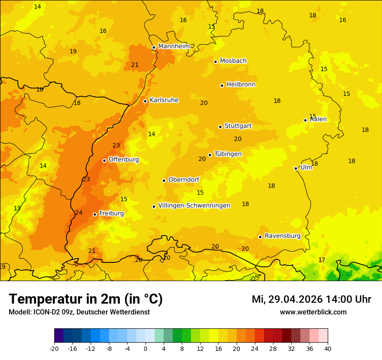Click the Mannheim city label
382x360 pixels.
click(x=174, y=46)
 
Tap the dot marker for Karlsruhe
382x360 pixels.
click(x=145, y=101)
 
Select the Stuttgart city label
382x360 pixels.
click(x=238, y=126)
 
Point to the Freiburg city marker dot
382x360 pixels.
click(x=95, y=214)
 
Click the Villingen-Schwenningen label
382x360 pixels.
click(x=194, y=206)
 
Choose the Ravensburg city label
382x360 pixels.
click(x=283, y=236)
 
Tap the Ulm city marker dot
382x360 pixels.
click(x=296, y=168)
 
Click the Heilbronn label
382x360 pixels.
click(x=241, y=85)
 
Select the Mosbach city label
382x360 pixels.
click(x=233, y=61)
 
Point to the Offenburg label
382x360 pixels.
click(x=124, y=160)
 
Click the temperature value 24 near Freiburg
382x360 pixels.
click(x=79, y=213)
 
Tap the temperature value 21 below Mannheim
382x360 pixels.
click(x=135, y=65)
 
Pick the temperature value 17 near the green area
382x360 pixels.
click(x=322, y=260)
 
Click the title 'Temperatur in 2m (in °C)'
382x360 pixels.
click(x=86, y=299)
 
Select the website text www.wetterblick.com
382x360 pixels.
click(x=313, y=312)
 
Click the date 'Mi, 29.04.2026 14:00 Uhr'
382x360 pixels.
click(x=311, y=299)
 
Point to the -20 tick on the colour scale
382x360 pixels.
click(x=54, y=348)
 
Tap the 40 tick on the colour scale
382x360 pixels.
click(x=328, y=348)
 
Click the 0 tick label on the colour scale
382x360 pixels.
click(x=145, y=348)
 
